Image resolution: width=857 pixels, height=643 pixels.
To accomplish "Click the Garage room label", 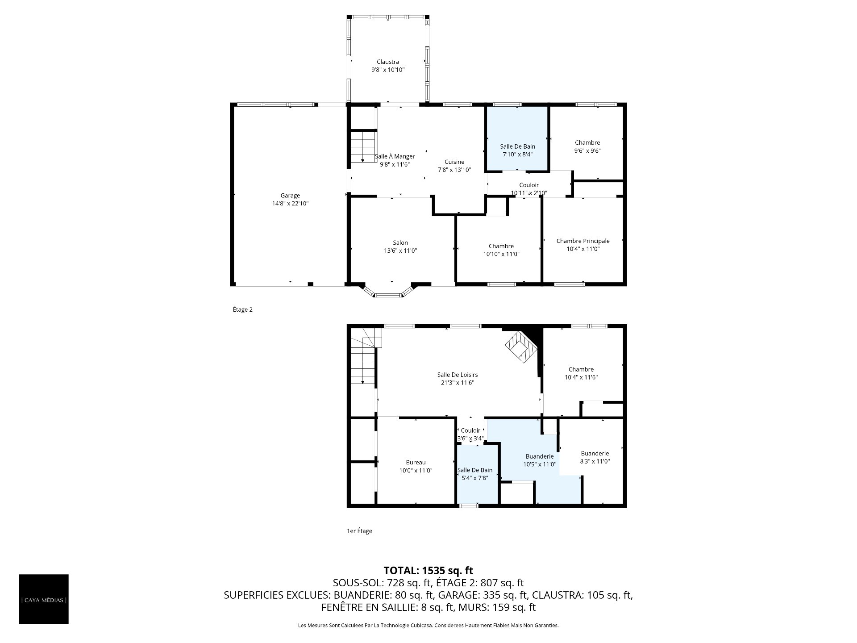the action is coord(290,196).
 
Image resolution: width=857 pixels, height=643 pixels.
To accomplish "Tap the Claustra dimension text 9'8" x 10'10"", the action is coord(388,70).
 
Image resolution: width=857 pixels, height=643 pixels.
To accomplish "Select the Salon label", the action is coord(400,243).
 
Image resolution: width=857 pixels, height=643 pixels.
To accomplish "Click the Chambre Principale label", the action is coord(583,241).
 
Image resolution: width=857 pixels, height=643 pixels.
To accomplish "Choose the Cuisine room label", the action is coord(454,162).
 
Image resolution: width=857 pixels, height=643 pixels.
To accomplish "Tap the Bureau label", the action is coord(416,463).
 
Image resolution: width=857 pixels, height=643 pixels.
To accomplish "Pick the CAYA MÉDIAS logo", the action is coord(44,599).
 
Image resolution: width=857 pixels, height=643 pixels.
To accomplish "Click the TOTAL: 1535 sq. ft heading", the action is coord(428,570).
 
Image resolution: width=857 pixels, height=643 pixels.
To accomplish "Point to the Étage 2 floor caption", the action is coord(243,309).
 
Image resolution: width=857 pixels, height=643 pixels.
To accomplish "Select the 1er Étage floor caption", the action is coord(359,531).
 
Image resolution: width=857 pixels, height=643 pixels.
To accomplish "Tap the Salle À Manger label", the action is coord(395,156).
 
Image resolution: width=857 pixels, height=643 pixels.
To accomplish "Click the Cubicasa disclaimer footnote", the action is coord(428,626).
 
